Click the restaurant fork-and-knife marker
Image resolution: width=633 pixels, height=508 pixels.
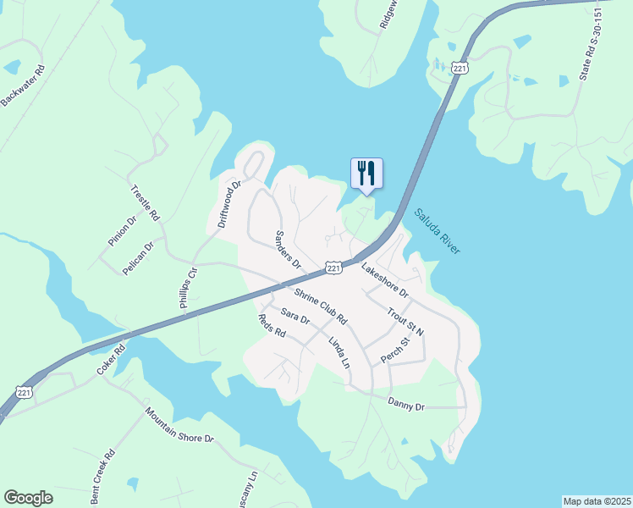366,173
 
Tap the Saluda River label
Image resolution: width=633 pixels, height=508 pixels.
437,232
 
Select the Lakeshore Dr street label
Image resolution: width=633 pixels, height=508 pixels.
385,281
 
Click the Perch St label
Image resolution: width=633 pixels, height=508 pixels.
395,351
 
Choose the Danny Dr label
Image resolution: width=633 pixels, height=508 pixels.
405,406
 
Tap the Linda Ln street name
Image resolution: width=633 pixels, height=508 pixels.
339,351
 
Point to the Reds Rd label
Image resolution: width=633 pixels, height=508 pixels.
272,327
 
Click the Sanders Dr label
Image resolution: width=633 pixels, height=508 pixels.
289,249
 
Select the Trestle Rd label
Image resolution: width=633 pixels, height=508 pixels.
145,203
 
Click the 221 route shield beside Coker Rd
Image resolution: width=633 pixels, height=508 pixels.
25,392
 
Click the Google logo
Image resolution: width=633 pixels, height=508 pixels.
28,498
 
